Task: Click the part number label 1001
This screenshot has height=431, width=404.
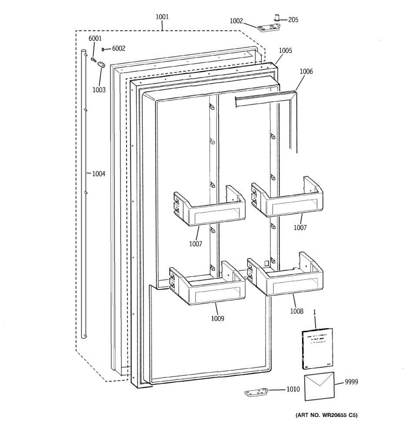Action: (x=162, y=17)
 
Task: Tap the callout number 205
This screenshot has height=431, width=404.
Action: (x=293, y=20)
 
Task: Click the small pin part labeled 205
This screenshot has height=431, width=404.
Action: (x=277, y=17)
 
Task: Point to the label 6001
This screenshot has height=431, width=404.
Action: (x=95, y=38)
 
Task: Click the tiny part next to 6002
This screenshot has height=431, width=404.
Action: (x=103, y=49)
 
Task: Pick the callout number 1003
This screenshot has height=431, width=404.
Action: (x=99, y=90)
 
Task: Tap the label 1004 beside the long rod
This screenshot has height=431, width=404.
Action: (x=99, y=174)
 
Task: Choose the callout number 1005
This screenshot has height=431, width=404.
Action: (x=285, y=51)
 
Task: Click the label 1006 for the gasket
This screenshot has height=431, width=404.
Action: (x=306, y=71)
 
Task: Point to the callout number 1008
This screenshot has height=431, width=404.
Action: (x=297, y=311)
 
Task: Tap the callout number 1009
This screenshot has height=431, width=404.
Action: (x=217, y=319)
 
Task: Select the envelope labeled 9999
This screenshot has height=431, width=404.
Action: (x=319, y=386)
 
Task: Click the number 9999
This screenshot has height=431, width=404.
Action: (x=351, y=382)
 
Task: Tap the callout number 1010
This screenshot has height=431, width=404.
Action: (x=293, y=389)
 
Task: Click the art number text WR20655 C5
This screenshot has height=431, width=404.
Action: (x=326, y=416)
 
